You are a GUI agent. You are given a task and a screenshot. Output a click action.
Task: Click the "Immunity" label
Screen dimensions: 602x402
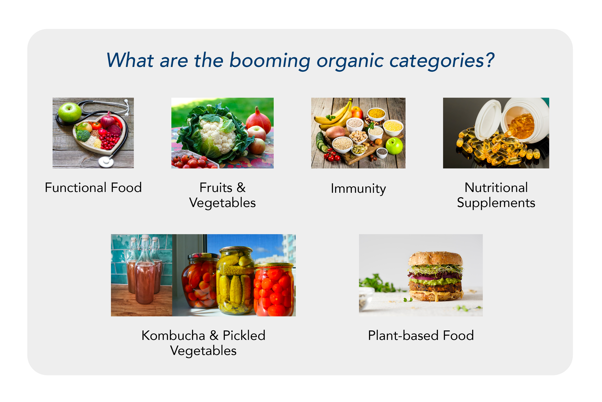coord(358,189)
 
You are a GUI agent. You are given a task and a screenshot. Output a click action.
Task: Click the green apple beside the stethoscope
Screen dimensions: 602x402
coord(69,112)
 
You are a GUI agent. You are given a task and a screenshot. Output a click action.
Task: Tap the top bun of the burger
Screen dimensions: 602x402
coord(436,258)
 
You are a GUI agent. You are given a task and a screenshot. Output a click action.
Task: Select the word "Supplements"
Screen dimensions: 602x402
coord(496,203)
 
